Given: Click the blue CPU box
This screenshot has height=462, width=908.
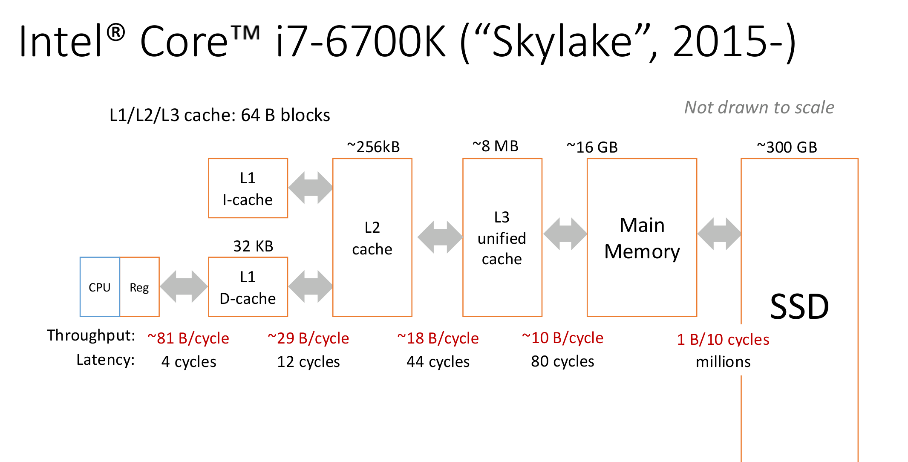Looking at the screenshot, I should click(100, 287).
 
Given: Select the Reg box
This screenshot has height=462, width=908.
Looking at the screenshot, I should click(139, 287).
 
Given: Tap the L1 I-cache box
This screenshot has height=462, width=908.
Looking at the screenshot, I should click(248, 188).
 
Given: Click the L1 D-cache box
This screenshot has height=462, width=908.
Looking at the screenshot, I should click(248, 287).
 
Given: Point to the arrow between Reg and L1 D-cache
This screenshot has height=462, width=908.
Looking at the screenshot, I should click(184, 287).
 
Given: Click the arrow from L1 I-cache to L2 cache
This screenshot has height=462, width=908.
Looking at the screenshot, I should click(310, 188).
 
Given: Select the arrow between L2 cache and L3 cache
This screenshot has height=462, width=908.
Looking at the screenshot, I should click(440, 237).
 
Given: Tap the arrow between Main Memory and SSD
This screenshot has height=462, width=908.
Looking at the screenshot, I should click(719, 234).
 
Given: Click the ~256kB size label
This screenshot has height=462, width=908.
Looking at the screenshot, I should click(373, 147).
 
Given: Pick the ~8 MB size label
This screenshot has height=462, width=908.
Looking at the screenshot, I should click(496, 146).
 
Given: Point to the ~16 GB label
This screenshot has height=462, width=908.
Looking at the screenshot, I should click(592, 147).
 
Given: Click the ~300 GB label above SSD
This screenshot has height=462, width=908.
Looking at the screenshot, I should click(787, 147).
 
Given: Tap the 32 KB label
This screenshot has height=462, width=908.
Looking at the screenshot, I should click(253, 246).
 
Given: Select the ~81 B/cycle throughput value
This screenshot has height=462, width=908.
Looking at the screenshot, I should click(188, 338).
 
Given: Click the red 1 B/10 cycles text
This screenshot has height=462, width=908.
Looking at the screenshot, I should click(723, 340).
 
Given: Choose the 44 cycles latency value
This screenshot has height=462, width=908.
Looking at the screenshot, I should click(438, 362).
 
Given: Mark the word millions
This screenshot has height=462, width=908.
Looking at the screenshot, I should click(723, 362).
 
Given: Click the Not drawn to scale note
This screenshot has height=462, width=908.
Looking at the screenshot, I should click(759, 107).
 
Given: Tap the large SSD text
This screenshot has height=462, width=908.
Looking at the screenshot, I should click(799, 307).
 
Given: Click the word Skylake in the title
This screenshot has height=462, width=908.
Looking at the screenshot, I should click(562, 42).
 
